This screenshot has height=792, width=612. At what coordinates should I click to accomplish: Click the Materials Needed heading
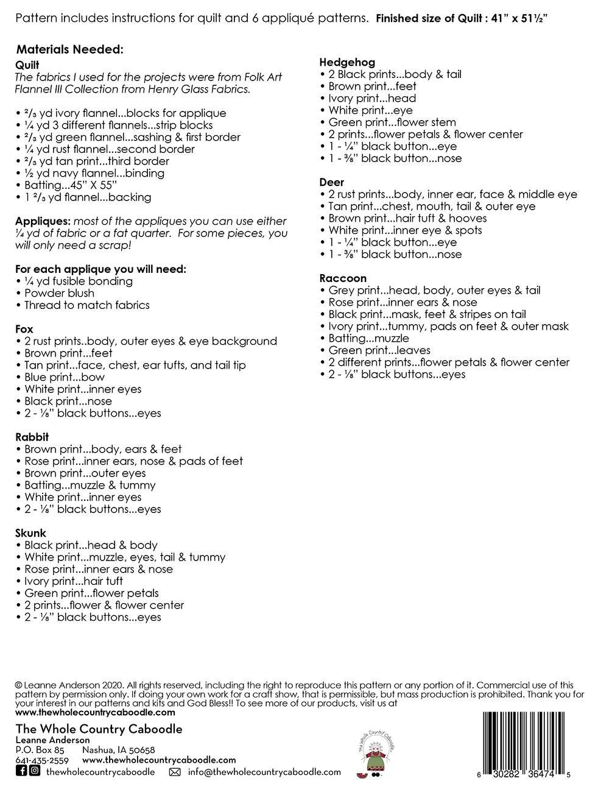click(x=70, y=49)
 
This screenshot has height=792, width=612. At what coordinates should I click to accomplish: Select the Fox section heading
click(x=24, y=329)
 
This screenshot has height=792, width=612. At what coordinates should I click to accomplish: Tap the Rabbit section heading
click(x=32, y=437)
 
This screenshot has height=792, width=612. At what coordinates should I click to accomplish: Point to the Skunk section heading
click(x=30, y=533)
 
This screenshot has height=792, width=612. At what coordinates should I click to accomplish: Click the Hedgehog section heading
click(x=347, y=62)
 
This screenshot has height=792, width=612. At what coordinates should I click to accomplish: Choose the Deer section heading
click(x=332, y=182)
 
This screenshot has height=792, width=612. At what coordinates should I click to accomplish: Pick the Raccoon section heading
click(x=343, y=278)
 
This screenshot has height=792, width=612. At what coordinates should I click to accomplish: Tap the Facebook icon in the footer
click(x=21, y=771)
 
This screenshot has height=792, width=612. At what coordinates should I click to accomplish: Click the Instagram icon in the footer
click(x=35, y=771)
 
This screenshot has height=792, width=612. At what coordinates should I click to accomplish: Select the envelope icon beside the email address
click(x=174, y=772)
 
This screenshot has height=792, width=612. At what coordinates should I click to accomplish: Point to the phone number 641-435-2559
click(x=41, y=760)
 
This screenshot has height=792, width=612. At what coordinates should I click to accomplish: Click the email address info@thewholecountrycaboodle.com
click(x=264, y=772)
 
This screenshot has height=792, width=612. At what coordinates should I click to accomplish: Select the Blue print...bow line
click(x=63, y=377)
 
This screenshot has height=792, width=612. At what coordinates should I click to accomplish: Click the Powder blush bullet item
click(x=58, y=293)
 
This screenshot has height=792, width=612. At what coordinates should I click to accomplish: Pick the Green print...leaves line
click(x=379, y=350)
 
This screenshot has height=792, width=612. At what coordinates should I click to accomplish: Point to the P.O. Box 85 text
click(x=40, y=750)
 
